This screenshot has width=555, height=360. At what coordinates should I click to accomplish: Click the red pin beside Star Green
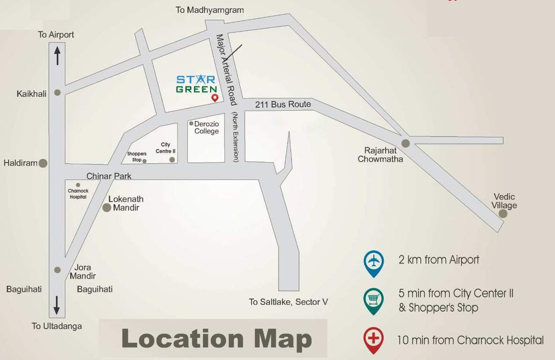click(215, 97)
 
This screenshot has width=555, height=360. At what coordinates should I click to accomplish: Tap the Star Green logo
click(197, 83)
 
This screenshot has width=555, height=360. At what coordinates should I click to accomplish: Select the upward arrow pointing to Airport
click(57, 56)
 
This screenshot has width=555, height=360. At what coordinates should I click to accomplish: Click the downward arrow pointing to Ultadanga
click(57, 305)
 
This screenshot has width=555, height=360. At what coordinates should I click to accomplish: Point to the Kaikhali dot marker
click(57, 93)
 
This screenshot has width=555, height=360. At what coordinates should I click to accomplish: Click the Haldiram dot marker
click(43, 163)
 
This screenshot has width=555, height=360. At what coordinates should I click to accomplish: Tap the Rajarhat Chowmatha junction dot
click(405, 143)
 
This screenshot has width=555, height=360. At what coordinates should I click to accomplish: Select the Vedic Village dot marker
click(503, 214)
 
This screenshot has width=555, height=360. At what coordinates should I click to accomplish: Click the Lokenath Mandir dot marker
click(107, 208)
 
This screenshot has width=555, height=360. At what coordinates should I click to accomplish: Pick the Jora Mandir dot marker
click(57, 270)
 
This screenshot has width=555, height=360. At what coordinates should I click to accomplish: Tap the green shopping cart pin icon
click(374, 300)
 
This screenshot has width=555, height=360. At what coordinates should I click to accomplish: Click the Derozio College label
click(206, 127)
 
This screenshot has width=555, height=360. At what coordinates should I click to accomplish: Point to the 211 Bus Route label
click(283, 105)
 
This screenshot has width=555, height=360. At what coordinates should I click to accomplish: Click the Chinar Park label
click(109, 176)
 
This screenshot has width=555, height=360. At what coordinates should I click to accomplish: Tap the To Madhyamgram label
click(210, 10)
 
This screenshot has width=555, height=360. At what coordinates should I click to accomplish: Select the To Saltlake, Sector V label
click(288, 302)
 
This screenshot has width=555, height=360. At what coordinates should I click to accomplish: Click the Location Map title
click(217, 338)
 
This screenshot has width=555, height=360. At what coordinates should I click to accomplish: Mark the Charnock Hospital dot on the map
click(78, 185)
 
